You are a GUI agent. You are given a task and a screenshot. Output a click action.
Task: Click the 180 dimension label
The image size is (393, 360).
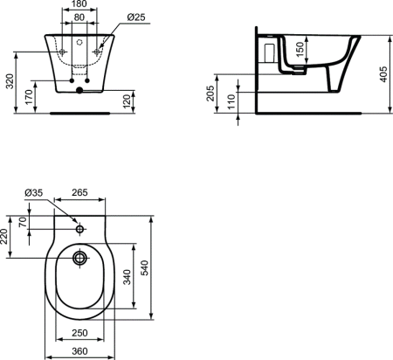click(79, 5)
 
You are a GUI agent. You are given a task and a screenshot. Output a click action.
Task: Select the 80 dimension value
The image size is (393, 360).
click(79, 17)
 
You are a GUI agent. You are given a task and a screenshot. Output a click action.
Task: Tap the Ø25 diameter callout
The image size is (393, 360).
click(135, 17)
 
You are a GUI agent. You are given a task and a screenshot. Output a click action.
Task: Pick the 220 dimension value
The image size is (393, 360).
click(7, 234)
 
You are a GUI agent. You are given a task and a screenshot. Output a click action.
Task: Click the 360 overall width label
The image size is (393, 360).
click(79, 350)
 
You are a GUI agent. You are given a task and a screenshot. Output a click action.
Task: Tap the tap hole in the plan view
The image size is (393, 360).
click(80, 229)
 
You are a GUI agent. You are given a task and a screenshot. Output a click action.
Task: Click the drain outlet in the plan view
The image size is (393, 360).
click(80, 258)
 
